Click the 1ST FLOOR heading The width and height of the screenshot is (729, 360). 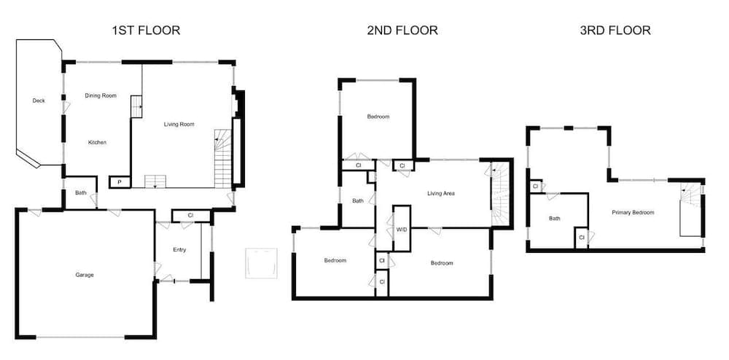[x=146, y=31]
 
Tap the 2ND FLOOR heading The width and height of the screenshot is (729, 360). [x=402, y=31]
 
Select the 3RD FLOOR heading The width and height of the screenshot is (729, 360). [x=615, y=31]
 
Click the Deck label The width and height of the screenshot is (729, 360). [x=39, y=101]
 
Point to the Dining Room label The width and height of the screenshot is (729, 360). [x=101, y=95]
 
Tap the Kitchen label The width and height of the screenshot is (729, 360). [x=97, y=142]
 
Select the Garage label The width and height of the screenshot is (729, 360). [x=85, y=275]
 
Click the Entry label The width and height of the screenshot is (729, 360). [x=179, y=250]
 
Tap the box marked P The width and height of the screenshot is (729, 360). [x=119, y=181]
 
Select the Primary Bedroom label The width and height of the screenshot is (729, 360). [x=633, y=213]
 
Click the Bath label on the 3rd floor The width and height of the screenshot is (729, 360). [x=555, y=218]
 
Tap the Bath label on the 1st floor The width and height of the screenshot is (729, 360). [x=80, y=193]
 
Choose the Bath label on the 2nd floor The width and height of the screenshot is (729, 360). [x=358, y=201]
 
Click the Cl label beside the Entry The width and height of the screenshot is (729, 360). [x=190, y=216]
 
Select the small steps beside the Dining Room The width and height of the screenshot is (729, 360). [x=136, y=106]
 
